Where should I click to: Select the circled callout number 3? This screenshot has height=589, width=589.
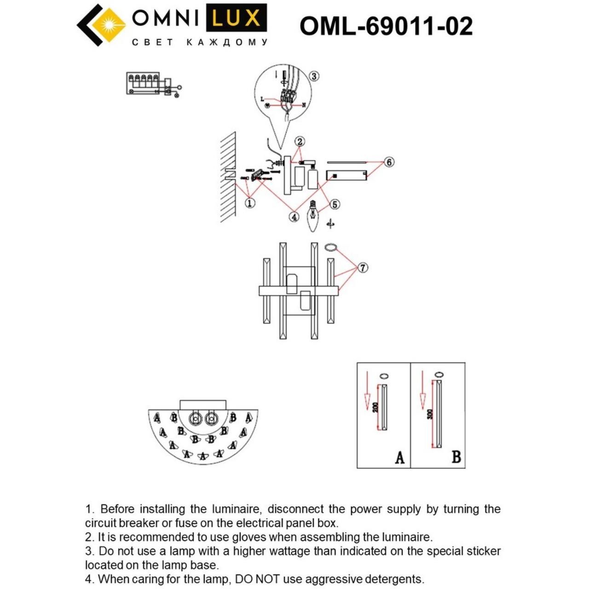[x=314, y=76]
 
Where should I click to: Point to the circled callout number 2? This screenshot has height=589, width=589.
[x=300, y=141]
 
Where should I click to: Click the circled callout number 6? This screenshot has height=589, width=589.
[x=389, y=162]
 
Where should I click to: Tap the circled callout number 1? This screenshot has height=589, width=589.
[x=250, y=202]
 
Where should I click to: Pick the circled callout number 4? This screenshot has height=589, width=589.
[x=294, y=217]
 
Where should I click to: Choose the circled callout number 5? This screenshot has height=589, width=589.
[x=335, y=204]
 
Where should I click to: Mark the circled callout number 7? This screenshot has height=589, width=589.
[x=363, y=267]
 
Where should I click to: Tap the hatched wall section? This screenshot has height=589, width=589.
[x=228, y=177]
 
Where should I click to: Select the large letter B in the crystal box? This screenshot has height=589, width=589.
[x=456, y=456]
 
